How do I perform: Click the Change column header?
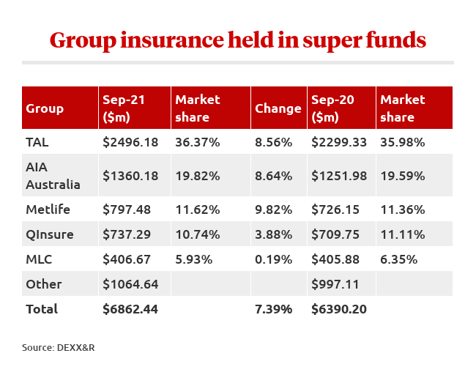[278, 108]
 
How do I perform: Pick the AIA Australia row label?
[53, 176]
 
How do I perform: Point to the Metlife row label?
[48, 209]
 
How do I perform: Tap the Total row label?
[42, 309]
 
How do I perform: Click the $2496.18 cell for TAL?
[130, 142]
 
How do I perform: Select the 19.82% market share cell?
[198, 176]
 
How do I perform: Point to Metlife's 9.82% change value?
[273, 209]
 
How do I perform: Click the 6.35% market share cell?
[399, 259]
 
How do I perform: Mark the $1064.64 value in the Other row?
[130, 284]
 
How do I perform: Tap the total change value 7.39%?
[273, 309]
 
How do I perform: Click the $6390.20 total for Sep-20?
[339, 309]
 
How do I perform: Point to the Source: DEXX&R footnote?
[59, 348]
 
